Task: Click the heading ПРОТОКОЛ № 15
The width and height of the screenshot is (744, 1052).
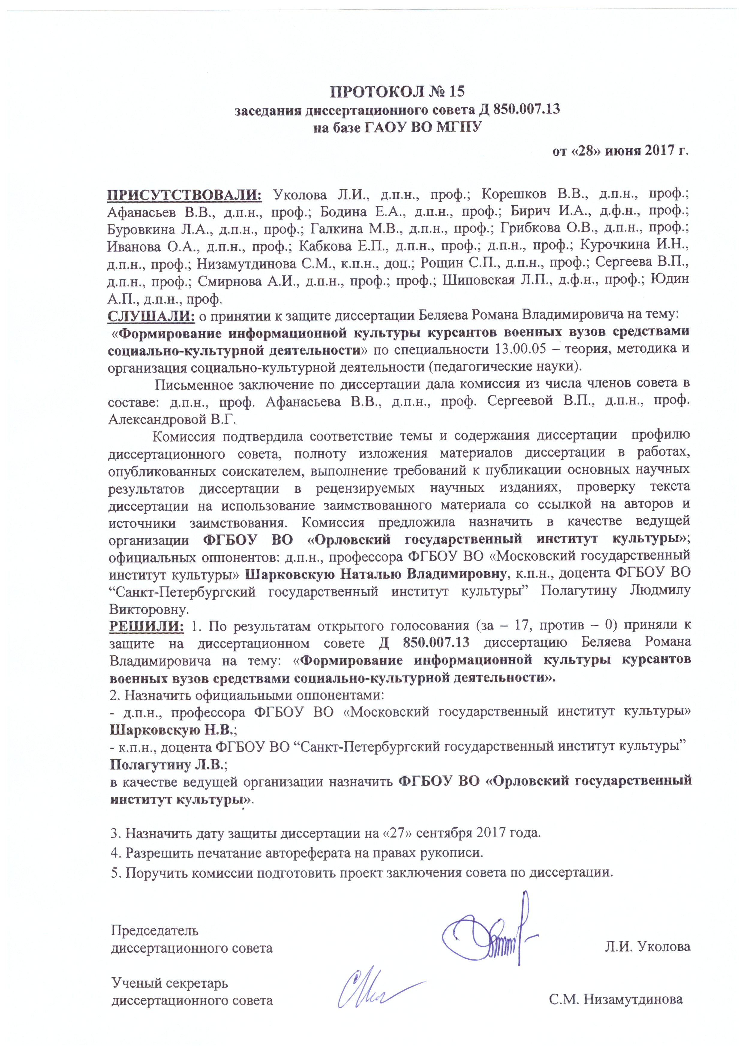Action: (x=397, y=91)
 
